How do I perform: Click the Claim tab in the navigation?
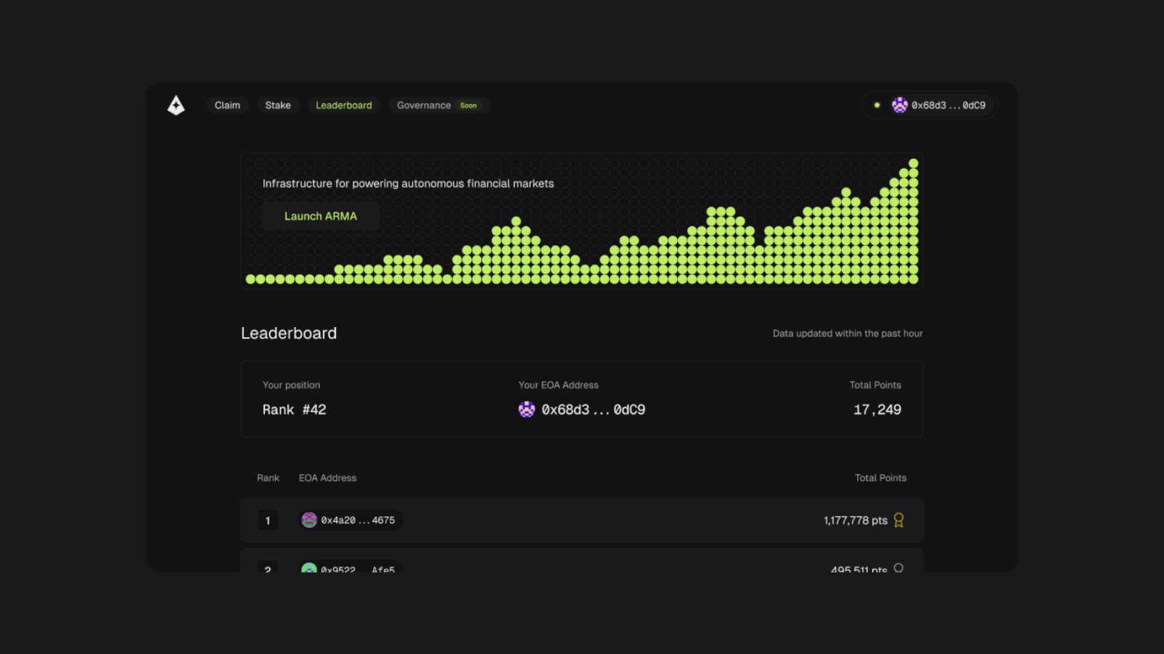pyautogui.click(x=227, y=105)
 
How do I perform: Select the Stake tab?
pyautogui.click(x=278, y=105)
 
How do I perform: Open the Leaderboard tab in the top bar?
pyautogui.click(x=344, y=105)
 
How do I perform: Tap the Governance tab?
pyautogui.click(x=424, y=105)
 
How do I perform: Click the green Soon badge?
pyautogui.click(x=468, y=105)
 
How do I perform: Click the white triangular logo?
pyautogui.click(x=176, y=105)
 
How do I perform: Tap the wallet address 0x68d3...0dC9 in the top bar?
pyautogui.click(x=948, y=105)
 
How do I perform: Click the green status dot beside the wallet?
pyautogui.click(x=877, y=105)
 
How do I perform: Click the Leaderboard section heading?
pyautogui.click(x=289, y=333)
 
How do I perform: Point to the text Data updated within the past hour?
pyautogui.click(x=848, y=334)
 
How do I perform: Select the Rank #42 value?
pyautogui.click(x=294, y=410)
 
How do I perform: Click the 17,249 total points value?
pyautogui.click(x=877, y=410)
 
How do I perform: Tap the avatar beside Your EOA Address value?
pyautogui.click(x=527, y=410)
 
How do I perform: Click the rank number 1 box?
pyautogui.click(x=268, y=521)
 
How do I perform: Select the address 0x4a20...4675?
pyautogui.click(x=357, y=521)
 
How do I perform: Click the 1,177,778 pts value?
pyautogui.click(x=855, y=521)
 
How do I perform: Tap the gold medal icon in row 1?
pyautogui.click(x=899, y=521)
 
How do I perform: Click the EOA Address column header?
pyautogui.click(x=327, y=478)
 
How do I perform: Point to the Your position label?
pyautogui.click(x=291, y=385)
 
